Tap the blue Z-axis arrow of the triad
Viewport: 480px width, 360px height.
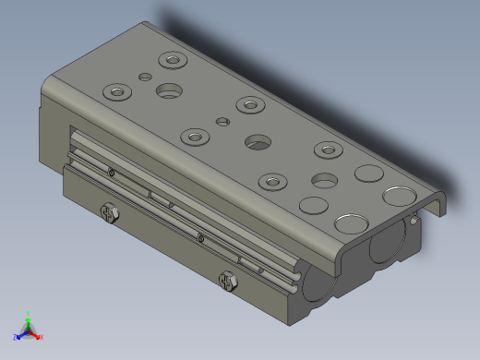click(22, 333)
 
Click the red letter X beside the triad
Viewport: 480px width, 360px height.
click(42, 337)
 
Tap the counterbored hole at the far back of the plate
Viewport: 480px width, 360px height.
click(171, 61)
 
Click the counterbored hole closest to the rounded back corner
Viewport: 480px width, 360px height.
click(116, 92)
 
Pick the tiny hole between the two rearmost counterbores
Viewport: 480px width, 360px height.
click(144, 78)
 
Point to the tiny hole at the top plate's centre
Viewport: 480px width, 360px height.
click(222, 121)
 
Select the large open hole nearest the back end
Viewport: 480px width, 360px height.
click(169, 90)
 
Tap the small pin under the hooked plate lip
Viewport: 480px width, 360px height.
click(416, 221)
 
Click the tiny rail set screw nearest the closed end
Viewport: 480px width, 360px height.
click(112, 172)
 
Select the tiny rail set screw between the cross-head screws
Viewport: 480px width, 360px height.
click(200, 239)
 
